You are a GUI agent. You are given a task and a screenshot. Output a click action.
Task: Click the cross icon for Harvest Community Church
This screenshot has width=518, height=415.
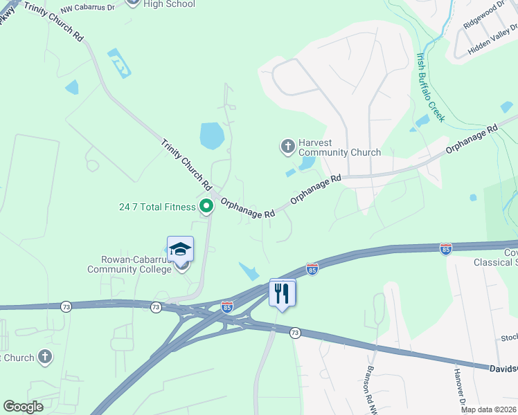(x=287, y=146)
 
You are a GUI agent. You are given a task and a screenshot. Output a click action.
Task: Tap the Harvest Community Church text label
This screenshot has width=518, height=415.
(x=339, y=148)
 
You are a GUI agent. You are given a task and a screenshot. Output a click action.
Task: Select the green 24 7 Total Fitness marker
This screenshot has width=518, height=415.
(x=206, y=205)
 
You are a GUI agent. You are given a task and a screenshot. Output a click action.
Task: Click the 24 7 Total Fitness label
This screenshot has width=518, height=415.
(x=157, y=207)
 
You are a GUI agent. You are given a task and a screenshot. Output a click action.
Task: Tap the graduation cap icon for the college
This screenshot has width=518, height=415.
(x=180, y=249)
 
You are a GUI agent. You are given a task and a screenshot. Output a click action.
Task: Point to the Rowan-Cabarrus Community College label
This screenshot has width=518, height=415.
(x=129, y=264)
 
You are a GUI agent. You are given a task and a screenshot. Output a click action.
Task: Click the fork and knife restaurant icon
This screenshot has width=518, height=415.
(x=282, y=293)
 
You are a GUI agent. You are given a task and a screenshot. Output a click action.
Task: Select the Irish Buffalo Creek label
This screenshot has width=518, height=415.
(x=429, y=87)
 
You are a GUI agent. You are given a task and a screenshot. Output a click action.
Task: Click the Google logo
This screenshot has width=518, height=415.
(x=24, y=406)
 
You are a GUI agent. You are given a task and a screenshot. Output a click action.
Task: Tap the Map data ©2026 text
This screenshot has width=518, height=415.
(x=489, y=409)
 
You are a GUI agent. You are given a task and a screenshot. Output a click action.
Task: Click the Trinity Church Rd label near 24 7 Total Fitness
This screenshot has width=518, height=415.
(x=186, y=165)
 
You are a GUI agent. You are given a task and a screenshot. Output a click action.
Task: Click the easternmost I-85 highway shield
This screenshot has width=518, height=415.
(x=445, y=248)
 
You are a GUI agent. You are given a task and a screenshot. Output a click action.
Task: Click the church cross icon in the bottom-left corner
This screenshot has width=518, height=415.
(x=44, y=357)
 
